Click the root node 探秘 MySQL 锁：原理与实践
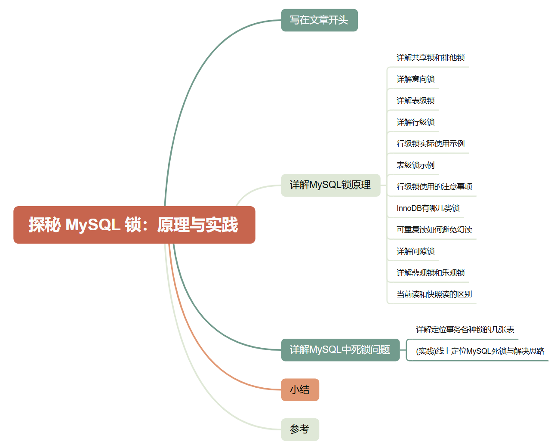134,225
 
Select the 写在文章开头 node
319,20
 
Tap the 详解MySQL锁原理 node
330,185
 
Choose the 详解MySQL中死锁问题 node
340,349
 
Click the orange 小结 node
300,389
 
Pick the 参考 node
300,429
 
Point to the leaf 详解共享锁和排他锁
431,58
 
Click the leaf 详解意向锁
415,79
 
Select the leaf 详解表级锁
415,101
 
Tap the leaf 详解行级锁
415,122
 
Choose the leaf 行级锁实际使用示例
431,144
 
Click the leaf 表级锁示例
415,165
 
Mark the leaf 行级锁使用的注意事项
434,187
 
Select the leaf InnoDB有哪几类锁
428,208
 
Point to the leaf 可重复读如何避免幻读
434,230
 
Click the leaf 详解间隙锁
415,251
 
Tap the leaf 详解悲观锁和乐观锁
431,273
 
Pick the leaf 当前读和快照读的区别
434,294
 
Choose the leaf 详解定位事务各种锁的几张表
465,330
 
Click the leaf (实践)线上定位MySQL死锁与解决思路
480,351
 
